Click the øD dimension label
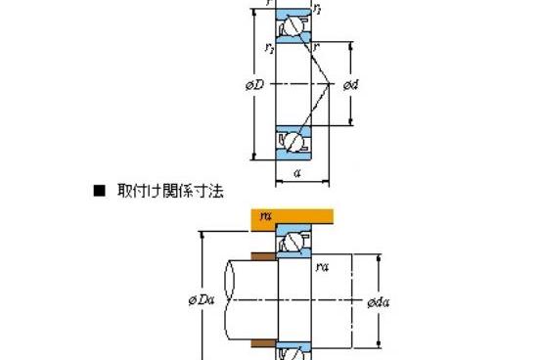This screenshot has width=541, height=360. [252, 85]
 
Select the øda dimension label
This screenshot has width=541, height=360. [382, 301]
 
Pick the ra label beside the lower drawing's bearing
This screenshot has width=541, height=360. [322, 264]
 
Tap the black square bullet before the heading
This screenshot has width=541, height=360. [98, 193]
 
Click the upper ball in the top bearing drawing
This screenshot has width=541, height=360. [291, 29]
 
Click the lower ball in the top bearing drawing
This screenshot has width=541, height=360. [291, 140]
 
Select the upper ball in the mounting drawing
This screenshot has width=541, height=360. [291, 244]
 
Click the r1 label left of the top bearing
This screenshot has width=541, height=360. [269, 47]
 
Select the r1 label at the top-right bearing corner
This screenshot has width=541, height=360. [315, 9]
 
